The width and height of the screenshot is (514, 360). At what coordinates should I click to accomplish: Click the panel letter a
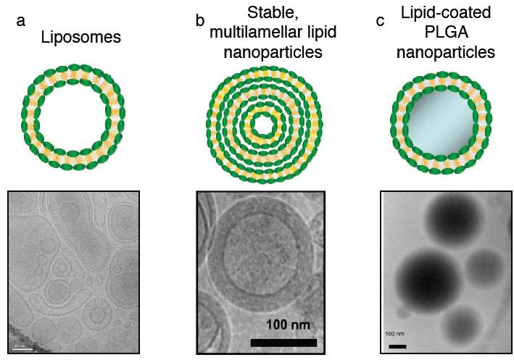(21, 20)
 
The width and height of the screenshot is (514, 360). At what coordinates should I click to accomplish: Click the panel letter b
(200, 20)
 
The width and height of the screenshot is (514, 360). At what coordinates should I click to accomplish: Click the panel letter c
(380, 20)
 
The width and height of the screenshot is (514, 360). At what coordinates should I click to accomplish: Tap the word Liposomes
(80, 38)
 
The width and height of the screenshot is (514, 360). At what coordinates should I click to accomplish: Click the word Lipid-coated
(445, 12)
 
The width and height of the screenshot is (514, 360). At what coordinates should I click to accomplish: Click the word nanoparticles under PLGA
(445, 53)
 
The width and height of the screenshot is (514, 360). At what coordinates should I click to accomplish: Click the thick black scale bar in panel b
(283, 342)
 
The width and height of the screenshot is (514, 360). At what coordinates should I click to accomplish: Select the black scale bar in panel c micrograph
(397, 346)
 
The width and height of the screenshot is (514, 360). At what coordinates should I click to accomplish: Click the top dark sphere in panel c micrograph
(454, 221)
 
